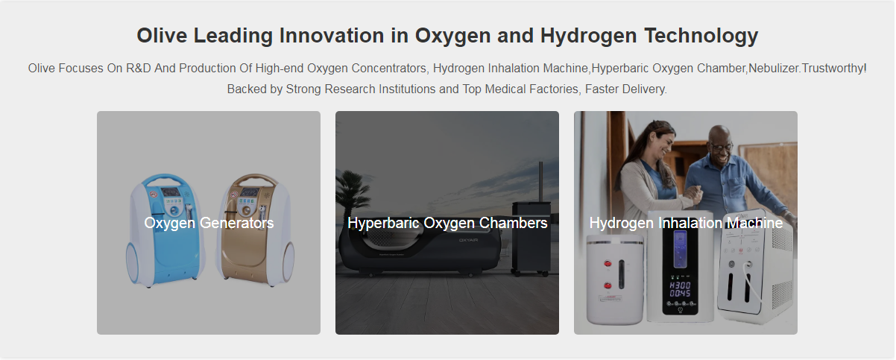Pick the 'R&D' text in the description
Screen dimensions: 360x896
coord(139,69)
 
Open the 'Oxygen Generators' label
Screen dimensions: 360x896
coord(209,223)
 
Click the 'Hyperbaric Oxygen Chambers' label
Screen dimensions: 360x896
coord(447,223)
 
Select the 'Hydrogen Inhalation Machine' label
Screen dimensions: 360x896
coord(686,223)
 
